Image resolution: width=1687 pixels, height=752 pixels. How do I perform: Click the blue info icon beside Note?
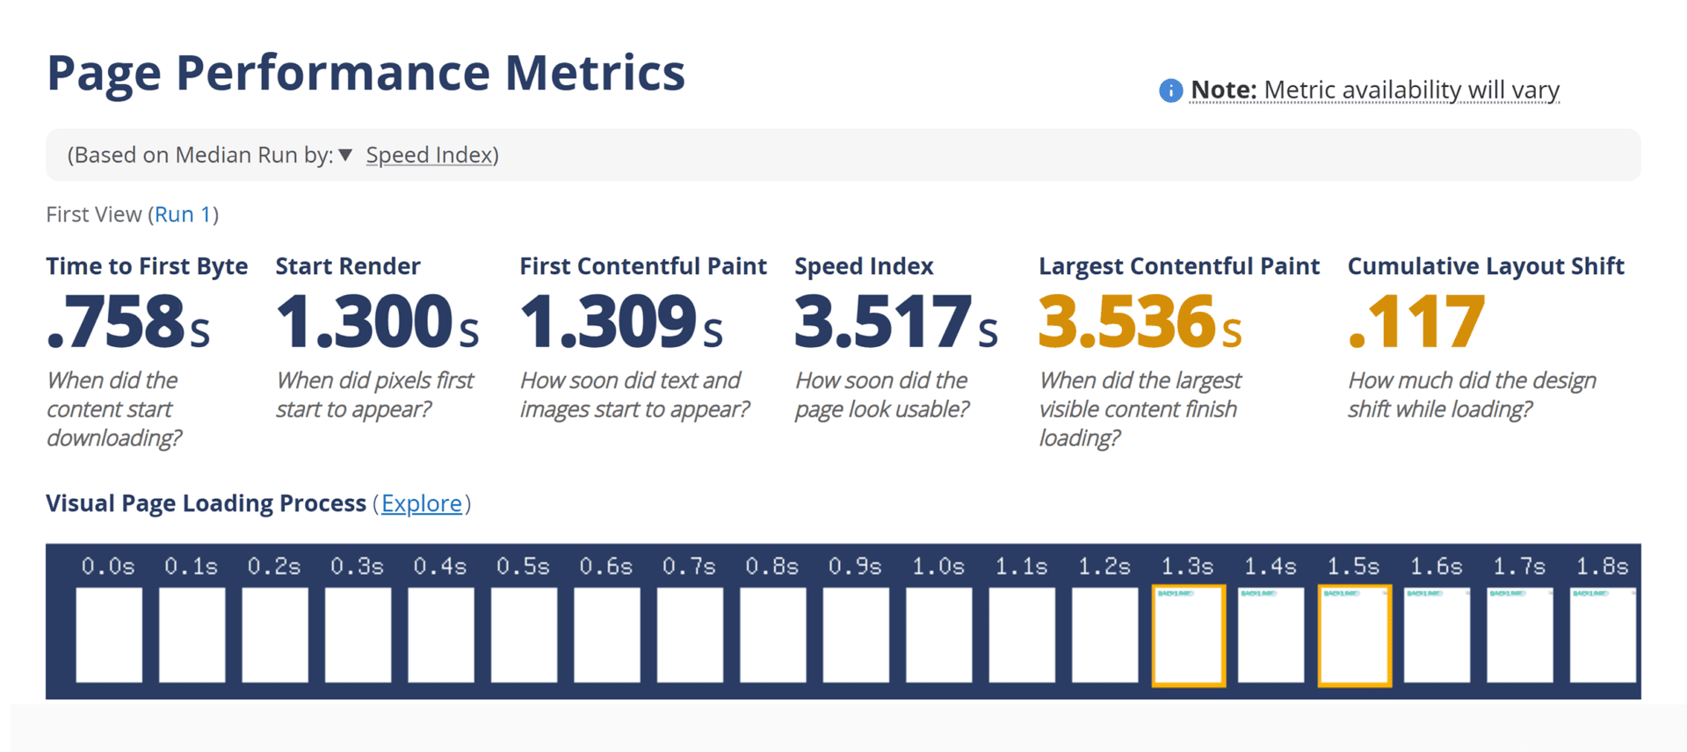[x=1170, y=90]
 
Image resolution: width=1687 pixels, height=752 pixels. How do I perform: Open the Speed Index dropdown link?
[x=429, y=155]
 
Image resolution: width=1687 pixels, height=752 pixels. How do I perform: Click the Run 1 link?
[x=183, y=214]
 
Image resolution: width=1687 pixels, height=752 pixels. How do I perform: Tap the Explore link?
[x=422, y=503]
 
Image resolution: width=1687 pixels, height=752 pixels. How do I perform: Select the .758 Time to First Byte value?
[x=128, y=322]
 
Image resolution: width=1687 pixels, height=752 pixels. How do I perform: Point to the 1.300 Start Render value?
[x=377, y=322]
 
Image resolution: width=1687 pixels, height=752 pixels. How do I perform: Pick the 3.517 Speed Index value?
[x=895, y=322]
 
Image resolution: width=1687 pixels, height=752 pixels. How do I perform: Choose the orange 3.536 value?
[x=1140, y=322]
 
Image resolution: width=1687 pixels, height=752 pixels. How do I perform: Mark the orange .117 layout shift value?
[x=1416, y=322]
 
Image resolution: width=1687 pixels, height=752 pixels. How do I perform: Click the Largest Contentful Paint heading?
[x=1178, y=266]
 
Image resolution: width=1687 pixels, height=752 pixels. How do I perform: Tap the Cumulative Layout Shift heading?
[x=1485, y=266]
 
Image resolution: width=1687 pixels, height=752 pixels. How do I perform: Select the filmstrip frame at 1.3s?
[x=1188, y=634]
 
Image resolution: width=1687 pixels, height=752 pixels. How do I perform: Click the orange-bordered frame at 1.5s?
[x=1354, y=634]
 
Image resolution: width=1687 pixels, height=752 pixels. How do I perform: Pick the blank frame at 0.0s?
[x=109, y=634]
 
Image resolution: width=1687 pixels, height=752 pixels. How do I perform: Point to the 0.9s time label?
[x=855, y=567]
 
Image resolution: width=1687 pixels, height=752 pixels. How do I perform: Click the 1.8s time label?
[x=1602, y=567]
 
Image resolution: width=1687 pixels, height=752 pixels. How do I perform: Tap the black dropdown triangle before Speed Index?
[x=345, y=155]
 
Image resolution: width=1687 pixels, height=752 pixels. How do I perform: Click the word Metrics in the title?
[x=595, y=73]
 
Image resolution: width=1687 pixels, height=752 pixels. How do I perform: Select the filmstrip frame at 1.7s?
[x=1519, y=634]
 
